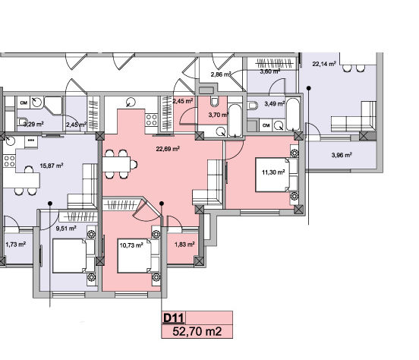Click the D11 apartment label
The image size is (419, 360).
pyautogui.click(x=173, y=318)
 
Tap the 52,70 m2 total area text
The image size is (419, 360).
pyautogui.click(x=197, y=332)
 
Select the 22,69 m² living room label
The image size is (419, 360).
pyautogui.click(x=168, y=149)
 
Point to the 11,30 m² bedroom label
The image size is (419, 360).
pyautogui.click(x=273, y=172)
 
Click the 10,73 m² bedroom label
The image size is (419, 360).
pyautogui.click(x=131, y=245)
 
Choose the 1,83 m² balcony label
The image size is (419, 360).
pyautogui.click(x=184, y=245)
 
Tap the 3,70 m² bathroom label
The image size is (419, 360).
pyautogui.click(x=218, y=115)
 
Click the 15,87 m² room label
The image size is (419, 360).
pyautogui.click(x=52, y=166)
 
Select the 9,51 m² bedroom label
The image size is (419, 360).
pyautogui.click(x=66, y=229)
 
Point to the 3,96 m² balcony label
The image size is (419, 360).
pyautogui.click(x=342, y=155)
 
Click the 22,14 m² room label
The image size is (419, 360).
pyautogui.click(x=324, y=65)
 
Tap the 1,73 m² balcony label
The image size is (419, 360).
pyautogui.click(x=16, y=245)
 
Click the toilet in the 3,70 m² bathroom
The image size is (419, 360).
pyautogui.click(x=214, y=102)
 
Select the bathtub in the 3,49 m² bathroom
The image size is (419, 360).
pyautogui.click(x=292, y=114)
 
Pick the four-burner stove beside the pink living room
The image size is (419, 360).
pyautogui.click(x=151, y=120)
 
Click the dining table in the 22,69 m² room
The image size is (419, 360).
pyautogui.click(x=116, y=164)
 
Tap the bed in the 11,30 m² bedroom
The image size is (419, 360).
pyautogui.click(x=276, y=175)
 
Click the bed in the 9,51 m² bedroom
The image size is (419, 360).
pyautogui.click(x=74, y=256)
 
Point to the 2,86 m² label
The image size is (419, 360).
pyautogui.click(x=220, y=74)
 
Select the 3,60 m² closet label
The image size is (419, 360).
pyautogui.click(x=270, y=71)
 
